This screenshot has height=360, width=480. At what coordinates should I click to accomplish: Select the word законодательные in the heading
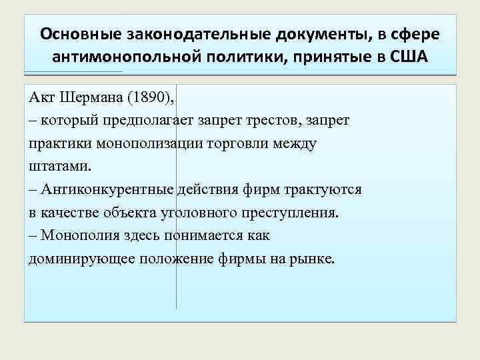(187, 33)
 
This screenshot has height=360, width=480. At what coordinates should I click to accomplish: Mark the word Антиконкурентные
(107, 189)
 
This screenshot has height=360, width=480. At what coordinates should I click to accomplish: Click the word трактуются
(323, 189)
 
